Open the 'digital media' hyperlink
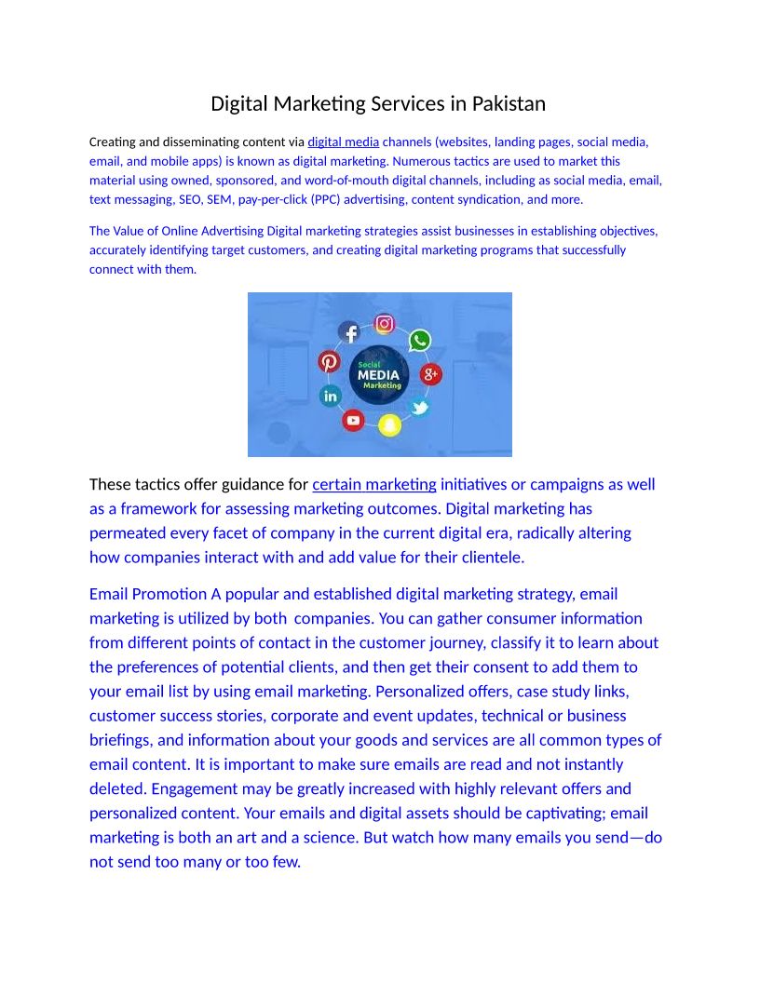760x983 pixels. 343,142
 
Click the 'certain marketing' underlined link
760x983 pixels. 373,484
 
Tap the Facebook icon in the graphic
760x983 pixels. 349,332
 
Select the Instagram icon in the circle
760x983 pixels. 384,323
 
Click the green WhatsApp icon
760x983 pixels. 420,340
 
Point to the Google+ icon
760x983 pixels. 431,374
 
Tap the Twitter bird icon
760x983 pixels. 420,408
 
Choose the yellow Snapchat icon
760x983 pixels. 388,424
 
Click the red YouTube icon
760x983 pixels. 353,420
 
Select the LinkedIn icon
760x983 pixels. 331,396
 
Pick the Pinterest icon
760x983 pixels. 329,361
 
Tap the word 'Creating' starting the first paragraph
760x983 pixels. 111,142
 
